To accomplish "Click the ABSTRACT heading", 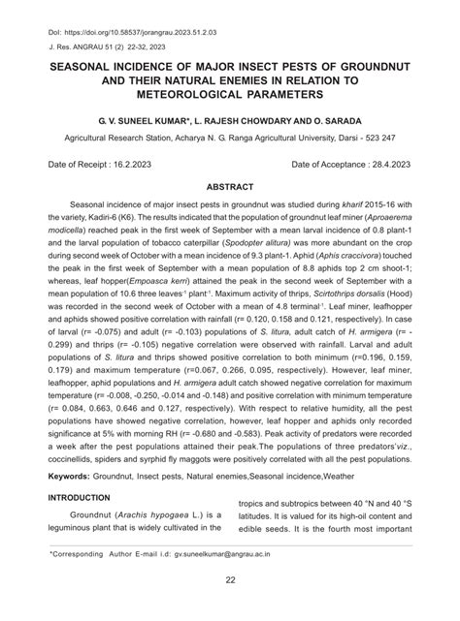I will [x=231, y=187].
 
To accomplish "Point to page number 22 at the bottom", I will [x=230, y=579].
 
